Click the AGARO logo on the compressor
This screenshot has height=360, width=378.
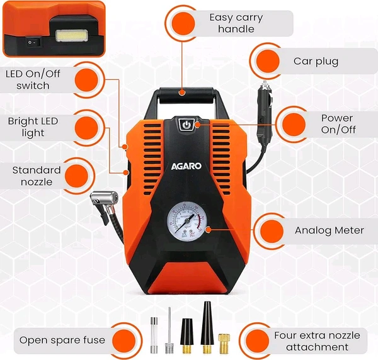[x=186, y=166]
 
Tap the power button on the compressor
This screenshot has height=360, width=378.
[x=186, y=125]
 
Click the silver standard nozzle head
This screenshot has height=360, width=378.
[x=104, y=199]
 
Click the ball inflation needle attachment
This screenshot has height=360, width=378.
[x=169, y=331]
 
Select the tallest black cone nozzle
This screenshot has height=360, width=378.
[x=207, y=327]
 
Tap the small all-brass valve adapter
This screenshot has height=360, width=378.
[x=224, y=344]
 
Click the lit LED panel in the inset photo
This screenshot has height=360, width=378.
[x=71, y=36]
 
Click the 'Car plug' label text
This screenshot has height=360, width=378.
[x=316, y=62]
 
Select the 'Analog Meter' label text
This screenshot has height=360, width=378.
[x=329, y=230]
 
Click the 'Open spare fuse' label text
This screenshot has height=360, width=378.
[x=62, y=340]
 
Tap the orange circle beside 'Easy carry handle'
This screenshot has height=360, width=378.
[x=183, y=23]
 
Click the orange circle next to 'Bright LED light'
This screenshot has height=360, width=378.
[x=86, y=128]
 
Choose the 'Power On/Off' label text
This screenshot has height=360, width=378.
[x=338, y=124]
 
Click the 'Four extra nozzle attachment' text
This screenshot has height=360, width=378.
[x=317, y=341]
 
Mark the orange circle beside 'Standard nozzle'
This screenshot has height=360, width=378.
[x=77, y=176]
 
